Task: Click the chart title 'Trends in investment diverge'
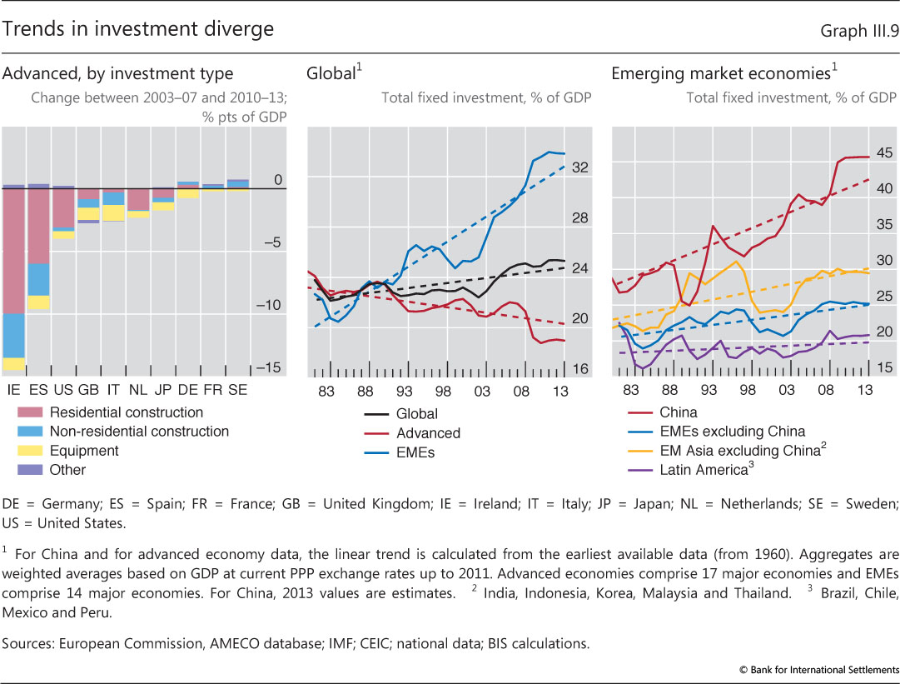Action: pyautogui.click(x=138, y=30)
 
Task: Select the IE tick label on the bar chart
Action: pyautogui.click(x=13, y=390)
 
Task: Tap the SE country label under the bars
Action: pyautogui.click(x=237, y=390)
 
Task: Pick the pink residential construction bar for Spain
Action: pyautogui.click(x=37, y=226)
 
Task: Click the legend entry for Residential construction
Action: pyautogui.click(x=126, y=412)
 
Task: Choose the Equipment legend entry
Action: pyautogui.click(x=84, y=451)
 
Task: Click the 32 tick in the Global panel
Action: pyautogui.click(x=580, y=167)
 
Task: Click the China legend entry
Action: pyautogui.click(x=678, y=412)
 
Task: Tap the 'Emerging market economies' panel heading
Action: pyautogui.click(x=721, y=73)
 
